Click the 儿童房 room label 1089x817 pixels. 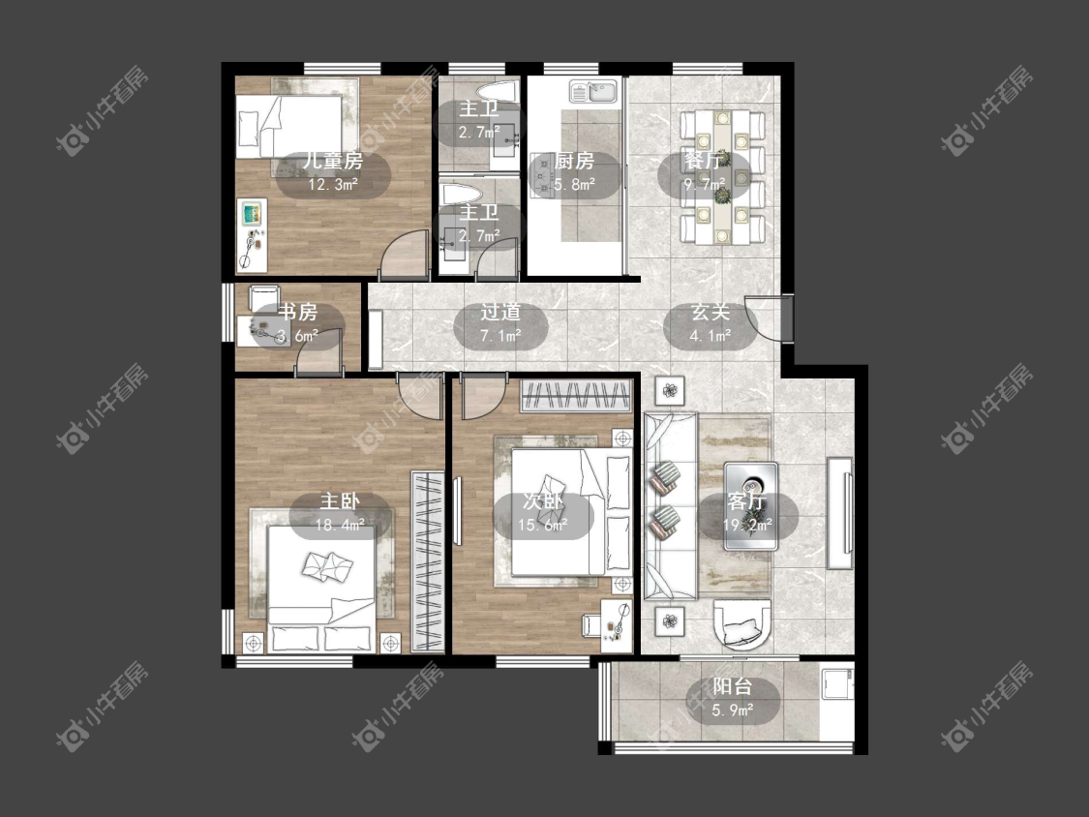(x=333, y=162)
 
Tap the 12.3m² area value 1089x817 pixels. (x=333, y=185)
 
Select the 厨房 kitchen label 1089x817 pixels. (x=574, y=162)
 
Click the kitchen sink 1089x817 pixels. (x=593, y=92)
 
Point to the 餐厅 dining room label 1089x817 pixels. (x=705, y=162)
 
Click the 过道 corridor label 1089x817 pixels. (x=500, y=313)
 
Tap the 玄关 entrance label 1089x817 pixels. (x=711, y=313)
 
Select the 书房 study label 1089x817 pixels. (x=297, y=313)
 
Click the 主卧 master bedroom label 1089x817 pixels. (x=340, y=501)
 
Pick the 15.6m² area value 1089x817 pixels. (x=543, y=526)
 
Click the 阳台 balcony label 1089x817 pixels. (x=733, y=687)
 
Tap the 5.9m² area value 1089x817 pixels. (x=733, y=711)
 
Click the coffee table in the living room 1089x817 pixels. (x=751, y=506)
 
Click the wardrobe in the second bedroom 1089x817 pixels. (x=576, y=395)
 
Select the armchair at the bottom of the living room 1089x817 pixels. (x=742, y=623)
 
